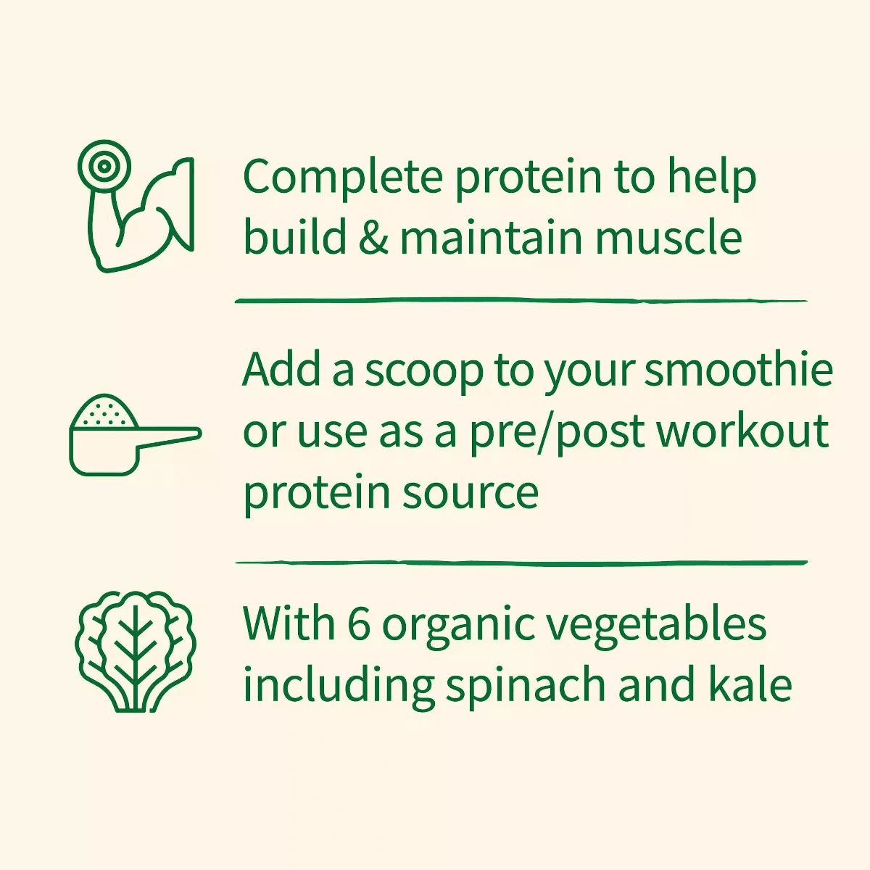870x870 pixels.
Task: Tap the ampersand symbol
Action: [x=373, y=238]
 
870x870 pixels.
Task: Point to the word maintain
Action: [x=491, y=238]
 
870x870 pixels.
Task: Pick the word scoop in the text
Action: [x=423, y=371]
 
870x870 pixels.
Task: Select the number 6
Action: [x=359, y=623]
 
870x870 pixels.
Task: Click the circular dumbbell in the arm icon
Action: [x=104, y=166]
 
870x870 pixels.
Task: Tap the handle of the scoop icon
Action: [x=170, y=436]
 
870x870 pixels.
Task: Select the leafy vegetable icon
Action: [x=136, y=650]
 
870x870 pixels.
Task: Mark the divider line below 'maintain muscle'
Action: [x=521, y=300]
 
